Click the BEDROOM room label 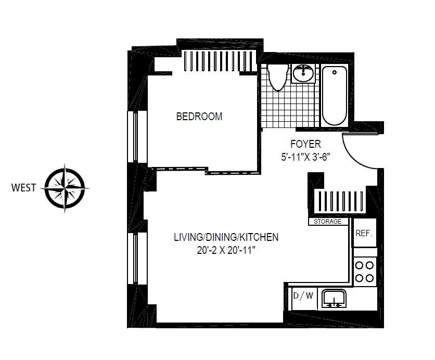(x=199, y=117)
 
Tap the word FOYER (x=305, y=144)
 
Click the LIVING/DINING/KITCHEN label (x=226, y=237)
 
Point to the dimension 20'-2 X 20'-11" (x=226, y=250)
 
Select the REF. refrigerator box (x=364, y=234)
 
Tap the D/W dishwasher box (x=303, y=297)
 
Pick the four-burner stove (x=365, y=271)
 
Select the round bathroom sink (x=303, y=74)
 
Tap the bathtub (x=334, y=96)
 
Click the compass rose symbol (x=64, y=187)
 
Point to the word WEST (x=24, y=187)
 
